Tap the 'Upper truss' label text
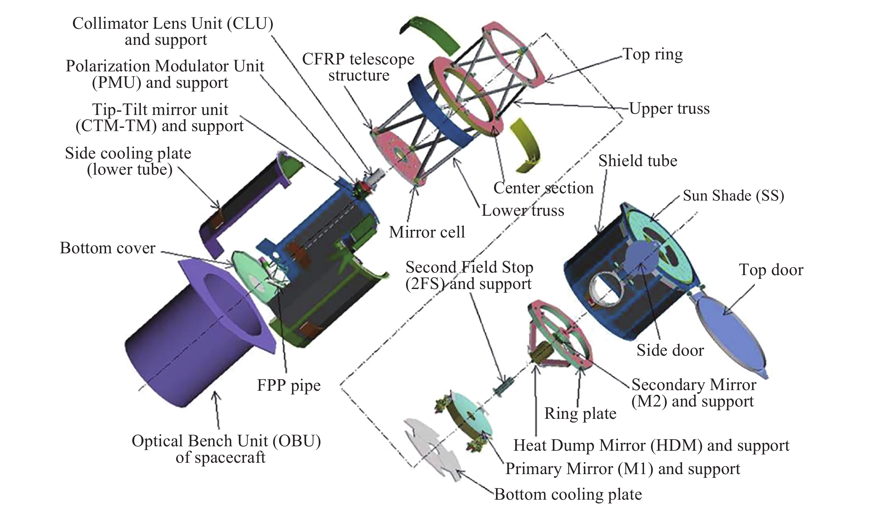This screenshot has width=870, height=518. [669, 109]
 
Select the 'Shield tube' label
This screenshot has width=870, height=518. [638, 161]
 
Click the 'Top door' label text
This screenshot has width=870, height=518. [771, 270]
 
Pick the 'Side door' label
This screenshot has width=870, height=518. [670, 350]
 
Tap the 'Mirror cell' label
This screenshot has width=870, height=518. [426, 232]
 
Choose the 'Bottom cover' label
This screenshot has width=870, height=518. [107, 248]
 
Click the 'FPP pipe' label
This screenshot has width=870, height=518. [289, 385]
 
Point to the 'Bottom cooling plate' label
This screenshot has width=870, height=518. [568, 494]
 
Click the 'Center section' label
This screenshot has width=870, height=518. [543, 188]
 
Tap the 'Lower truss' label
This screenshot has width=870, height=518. [522, 210]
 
